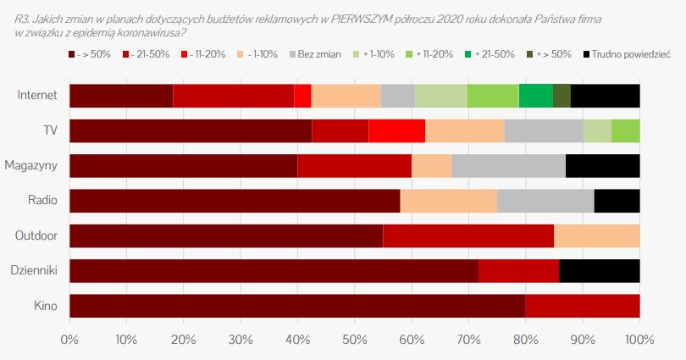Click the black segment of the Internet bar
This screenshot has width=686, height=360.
(605, 96)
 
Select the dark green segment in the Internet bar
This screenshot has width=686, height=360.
(562, 96)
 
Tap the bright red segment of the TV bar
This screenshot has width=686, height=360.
(396, 130)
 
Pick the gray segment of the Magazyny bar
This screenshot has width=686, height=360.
(508, 166)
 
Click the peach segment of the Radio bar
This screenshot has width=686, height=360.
(448, 201)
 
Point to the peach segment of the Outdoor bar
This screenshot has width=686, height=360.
(596, 235)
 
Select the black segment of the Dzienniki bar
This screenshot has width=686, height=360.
(599, 271)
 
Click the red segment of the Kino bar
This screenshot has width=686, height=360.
(582, 306)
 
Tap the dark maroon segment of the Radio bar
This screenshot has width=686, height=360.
(235, 201)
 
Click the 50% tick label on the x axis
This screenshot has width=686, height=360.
(354, 340)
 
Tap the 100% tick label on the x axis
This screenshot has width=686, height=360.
(639, 340)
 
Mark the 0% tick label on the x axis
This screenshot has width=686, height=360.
(69, 340)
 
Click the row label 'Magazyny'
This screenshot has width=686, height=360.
(30, 166)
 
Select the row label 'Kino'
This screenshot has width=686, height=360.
(45, 306)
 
